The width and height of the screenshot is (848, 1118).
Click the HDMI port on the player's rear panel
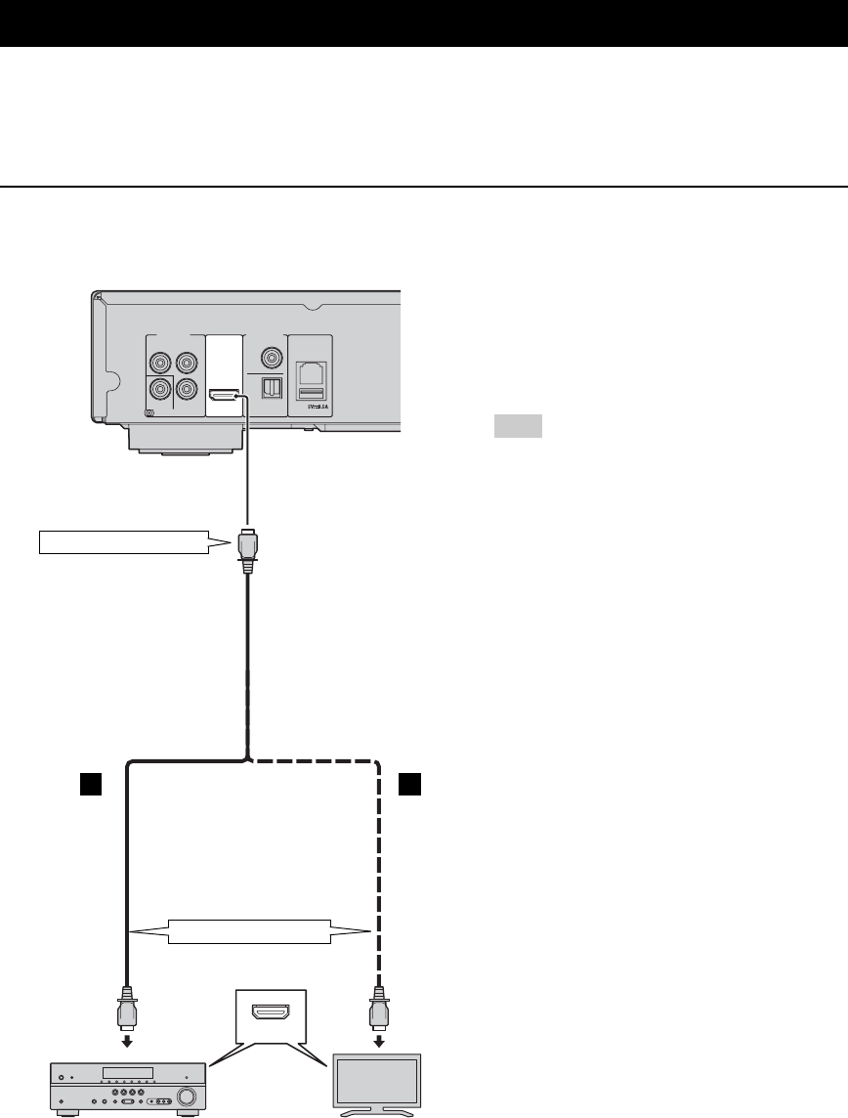225,395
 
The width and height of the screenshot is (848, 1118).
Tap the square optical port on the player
273,388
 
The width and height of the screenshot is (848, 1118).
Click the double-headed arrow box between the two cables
250,930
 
